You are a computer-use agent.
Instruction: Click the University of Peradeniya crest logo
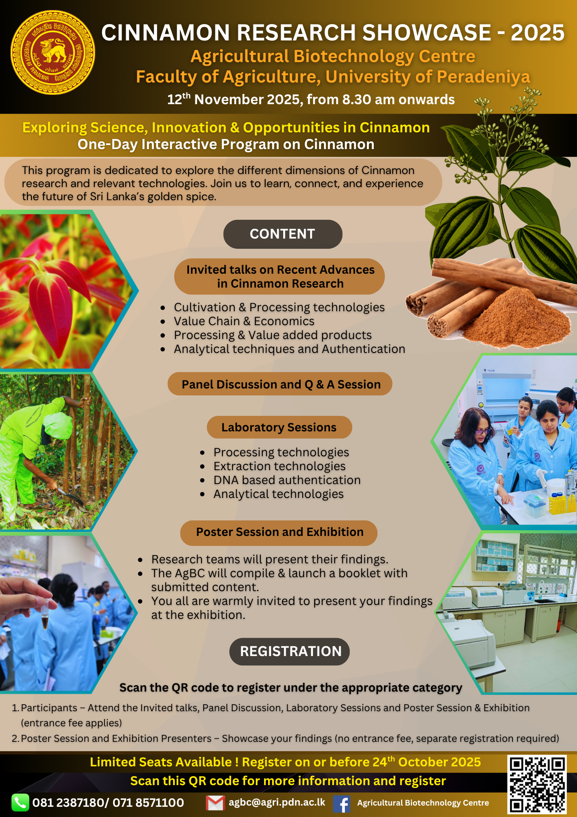pyautogui.click(x=53, y=53)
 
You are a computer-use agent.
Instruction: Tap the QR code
pyautogui.click(x=537, y=784)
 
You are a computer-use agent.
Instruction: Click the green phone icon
pyautogui.click(x=20, y=803)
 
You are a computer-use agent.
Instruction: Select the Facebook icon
pyautogui.click(x=342, y=804)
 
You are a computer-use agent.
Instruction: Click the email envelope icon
pyautogui.click(x=215, y=803)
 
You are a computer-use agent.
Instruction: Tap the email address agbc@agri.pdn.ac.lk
pyautogui.click(x=277, y=802)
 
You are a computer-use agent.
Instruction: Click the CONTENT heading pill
pyautogui.click(x=282, y=234)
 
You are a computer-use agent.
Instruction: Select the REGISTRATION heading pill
pyautogui.click(x=290, y=651)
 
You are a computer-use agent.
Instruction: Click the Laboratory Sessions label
pyautogui.click(x=279, y=427)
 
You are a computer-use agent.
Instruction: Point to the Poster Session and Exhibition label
pyautogui.click(x=279, y=532)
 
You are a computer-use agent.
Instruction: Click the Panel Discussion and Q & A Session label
pyautogui.click(x=280, y=384)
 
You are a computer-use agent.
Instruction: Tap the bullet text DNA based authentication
pyautogui.click(x=287, y=480)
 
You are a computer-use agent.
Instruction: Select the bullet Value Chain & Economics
pyautogui.click(x=244, y=321)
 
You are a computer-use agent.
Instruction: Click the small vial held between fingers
pyautogui.click(x=44, y=615)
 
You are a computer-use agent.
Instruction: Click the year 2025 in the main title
pyautogui.click(x=537, y=33)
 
